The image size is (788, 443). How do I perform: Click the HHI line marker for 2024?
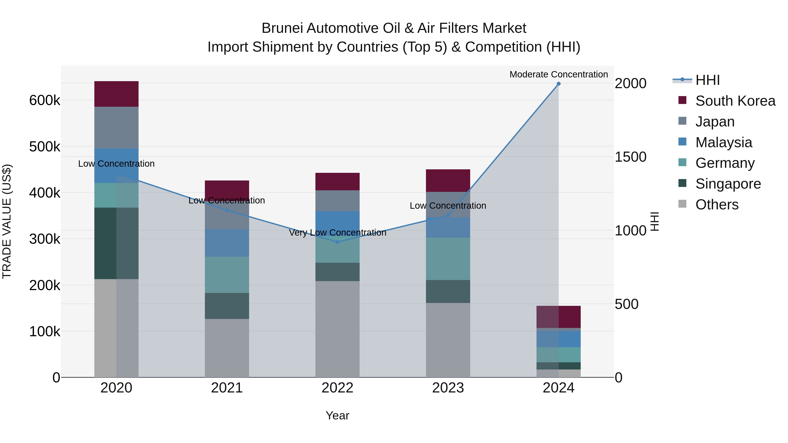coord(559,84)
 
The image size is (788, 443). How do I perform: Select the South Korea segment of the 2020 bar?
coord(116,94)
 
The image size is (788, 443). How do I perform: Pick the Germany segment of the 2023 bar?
coord(448,259)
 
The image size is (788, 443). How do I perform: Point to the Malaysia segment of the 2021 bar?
coord(227,243)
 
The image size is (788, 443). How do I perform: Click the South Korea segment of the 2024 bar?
coord(559,317)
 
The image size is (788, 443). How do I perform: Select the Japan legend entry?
coord(715,122)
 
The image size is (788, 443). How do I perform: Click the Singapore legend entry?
coord(728,184)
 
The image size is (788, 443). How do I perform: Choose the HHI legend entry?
coord(707,80)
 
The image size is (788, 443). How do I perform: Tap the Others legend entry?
coord(717,205)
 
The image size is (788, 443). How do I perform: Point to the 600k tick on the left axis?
coord(45,100)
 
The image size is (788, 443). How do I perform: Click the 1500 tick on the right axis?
coord(630,157)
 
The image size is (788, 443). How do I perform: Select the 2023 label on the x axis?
coord(448,388)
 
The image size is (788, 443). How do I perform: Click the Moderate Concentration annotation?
coord(559,74)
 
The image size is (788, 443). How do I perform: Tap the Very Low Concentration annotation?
coord(337,233)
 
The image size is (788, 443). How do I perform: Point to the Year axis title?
coord(337,415)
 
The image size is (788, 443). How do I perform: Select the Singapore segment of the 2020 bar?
coord(116,243)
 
